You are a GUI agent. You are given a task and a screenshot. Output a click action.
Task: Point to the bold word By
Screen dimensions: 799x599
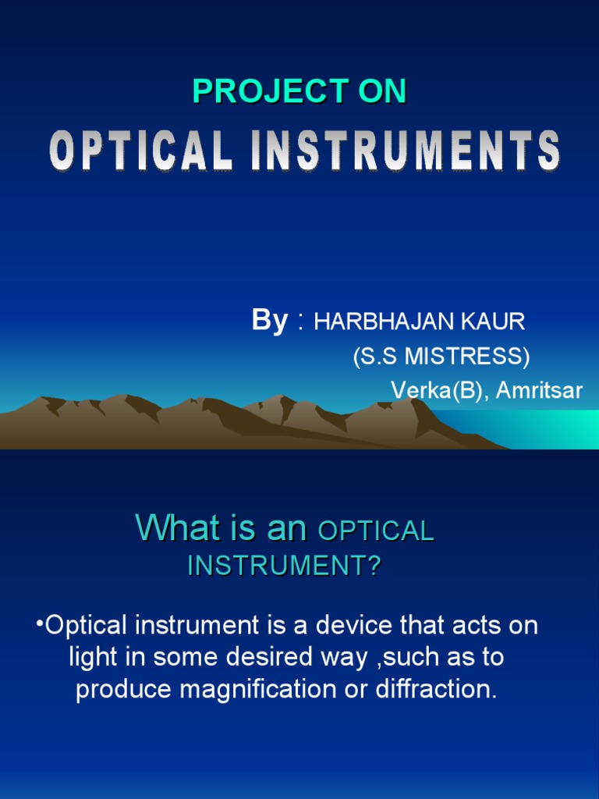(270, 320)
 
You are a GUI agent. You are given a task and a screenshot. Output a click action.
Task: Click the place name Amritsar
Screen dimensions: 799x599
(539, 390)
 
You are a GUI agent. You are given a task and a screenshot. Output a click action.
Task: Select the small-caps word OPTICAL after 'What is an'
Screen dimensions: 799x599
(376, 531)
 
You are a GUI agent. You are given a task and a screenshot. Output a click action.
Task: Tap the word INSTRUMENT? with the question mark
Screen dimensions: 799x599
(284, 566)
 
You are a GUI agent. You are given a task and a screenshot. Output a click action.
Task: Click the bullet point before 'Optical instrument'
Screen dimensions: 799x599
(39, 625)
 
